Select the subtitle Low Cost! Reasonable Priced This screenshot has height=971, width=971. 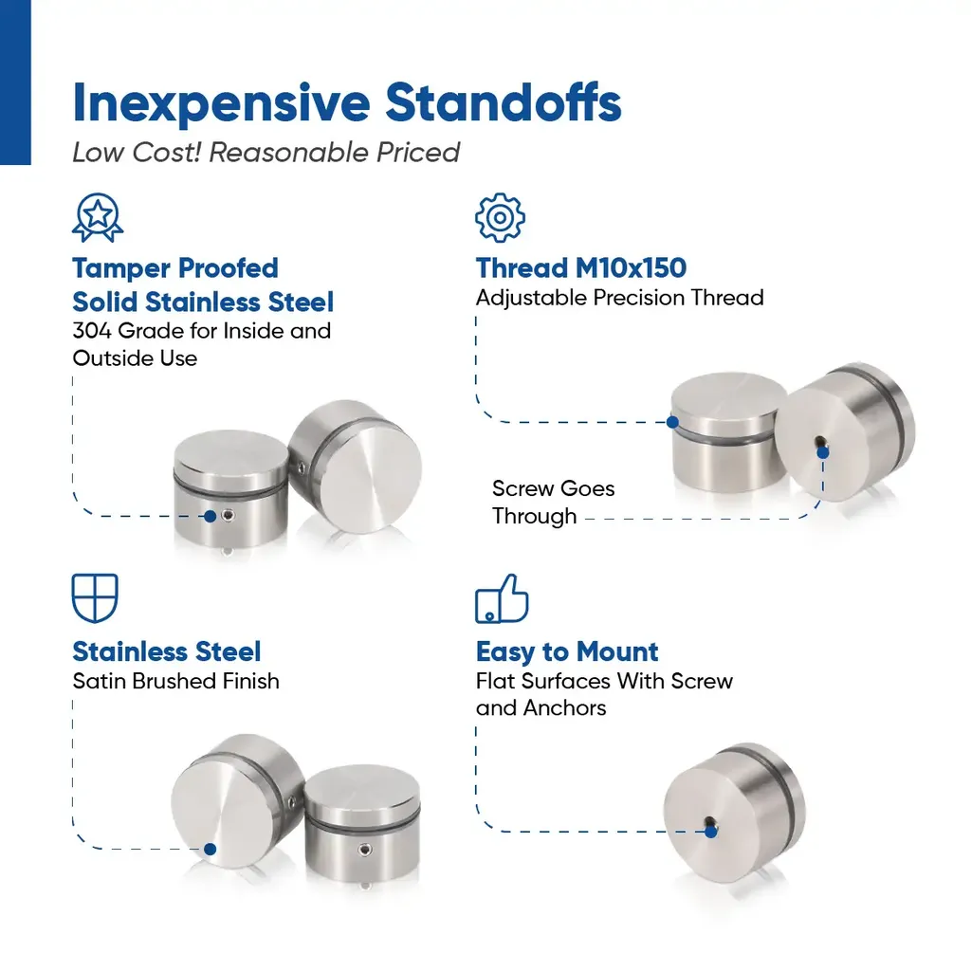coord(266,153)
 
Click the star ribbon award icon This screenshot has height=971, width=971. coord(98,217)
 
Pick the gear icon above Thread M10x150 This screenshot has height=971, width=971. coord(500,217)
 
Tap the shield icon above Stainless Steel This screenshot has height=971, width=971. coord(95,598)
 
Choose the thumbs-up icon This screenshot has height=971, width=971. coord(502,598)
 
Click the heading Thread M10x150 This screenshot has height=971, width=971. coord(581,268)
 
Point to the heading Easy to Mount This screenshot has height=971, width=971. coord(567,652)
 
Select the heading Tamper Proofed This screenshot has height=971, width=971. coord(175,268)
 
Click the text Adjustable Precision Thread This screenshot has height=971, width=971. coord(619,298)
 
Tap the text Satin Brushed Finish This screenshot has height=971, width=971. coord(175,681)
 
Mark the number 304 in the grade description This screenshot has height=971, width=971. coord(92,331)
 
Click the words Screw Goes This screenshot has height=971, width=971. coord(553,488)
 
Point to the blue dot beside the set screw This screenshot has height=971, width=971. coord(210,517)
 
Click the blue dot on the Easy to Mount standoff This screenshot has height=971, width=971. coord(711,832)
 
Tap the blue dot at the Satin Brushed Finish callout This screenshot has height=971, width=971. coord(210,849)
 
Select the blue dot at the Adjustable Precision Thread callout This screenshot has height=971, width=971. coord(672,422)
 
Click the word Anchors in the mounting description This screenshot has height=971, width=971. coord(564,707)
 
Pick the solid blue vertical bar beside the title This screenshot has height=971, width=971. coord(15,82)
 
